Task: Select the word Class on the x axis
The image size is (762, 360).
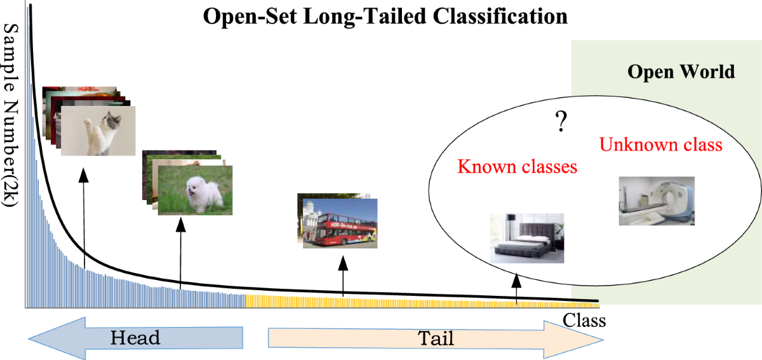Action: pyautogui.click(x=584, y=321)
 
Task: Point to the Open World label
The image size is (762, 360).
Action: pyautogui.click(x=681, y=71)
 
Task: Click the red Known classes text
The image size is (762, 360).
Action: pyautogui.click(x=517, y=167)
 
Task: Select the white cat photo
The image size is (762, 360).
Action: pyautogui.click(x=98, y=130)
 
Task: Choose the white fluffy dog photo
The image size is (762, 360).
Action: pyautogui.click(x=195, y=190)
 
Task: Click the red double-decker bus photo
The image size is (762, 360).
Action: pyautogui.click(x=337, y=222)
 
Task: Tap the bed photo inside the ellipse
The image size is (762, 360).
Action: pyautogui.click(x=527, y=238)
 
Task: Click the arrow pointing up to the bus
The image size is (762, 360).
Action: pyautogui.click(x=343, y=276)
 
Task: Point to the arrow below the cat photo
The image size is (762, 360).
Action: pyautogui.click(x=83, y=216)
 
